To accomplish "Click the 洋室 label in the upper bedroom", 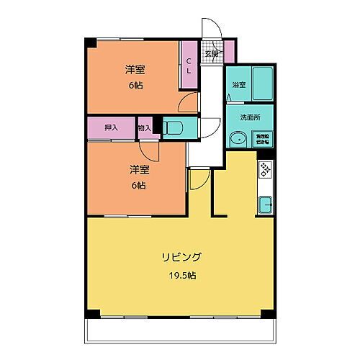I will [x=135, y=69].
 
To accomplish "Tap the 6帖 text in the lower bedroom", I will [x=138, y=185].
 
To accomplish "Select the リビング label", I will [x=181, y=256].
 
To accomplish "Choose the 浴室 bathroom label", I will [x=238, y=84].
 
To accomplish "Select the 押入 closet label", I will [x=111, y=128].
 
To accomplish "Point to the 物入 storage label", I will [x=144, y=128].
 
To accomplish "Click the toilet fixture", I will [x=175, y=128].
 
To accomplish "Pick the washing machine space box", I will [x=262, y=139].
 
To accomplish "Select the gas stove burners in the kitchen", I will [x=264, y=170].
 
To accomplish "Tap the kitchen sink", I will [x=265, y=204].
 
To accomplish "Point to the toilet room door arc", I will [x=205, y=128].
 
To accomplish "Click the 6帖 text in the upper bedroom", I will [x=135, y=84].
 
